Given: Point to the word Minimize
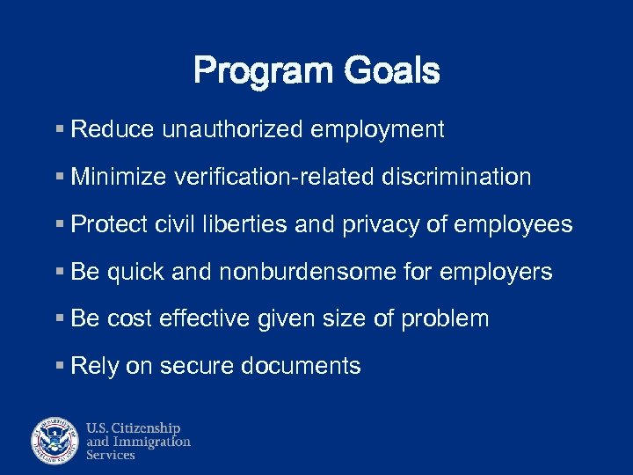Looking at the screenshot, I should pos(119,178).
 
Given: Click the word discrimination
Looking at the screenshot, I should pos(456,178).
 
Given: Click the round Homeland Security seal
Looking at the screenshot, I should pos(55,441).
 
